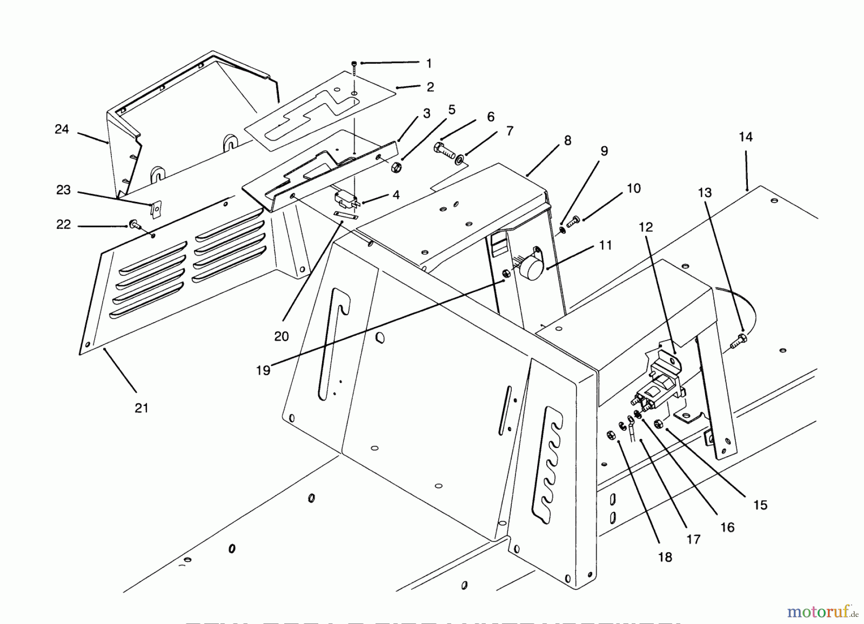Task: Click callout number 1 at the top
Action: coord(429,63)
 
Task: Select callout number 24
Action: coord(61,129)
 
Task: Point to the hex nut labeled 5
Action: coord(396,167)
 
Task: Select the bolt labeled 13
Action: coord(738,341)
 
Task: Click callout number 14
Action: coord(745,137)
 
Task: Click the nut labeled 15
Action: coord(660,423)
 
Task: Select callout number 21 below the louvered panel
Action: coord(141,408)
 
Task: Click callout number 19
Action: coord(263,370)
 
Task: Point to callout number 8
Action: coord(567,141)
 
